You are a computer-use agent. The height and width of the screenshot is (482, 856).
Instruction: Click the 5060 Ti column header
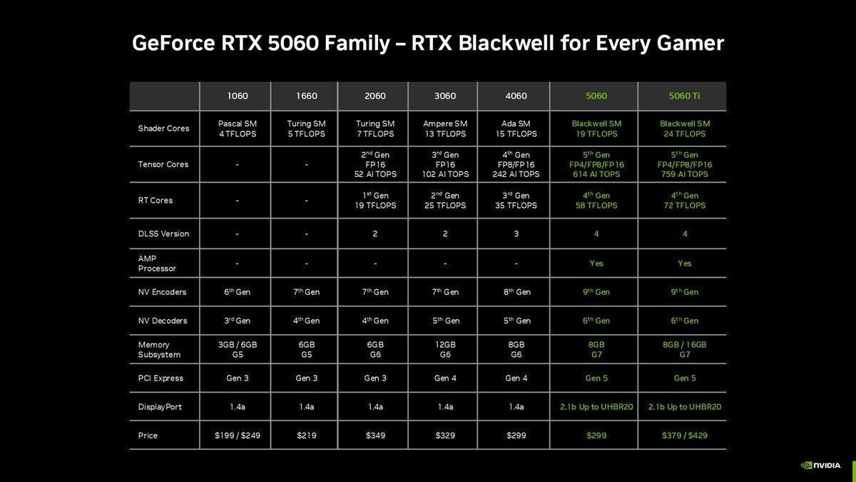coord(684,96)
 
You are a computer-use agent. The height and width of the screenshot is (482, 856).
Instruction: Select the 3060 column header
coord(445,96)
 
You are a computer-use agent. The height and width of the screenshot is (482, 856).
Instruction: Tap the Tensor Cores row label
coord(163,164)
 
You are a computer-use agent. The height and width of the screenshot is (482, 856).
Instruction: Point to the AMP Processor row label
coord(157,263)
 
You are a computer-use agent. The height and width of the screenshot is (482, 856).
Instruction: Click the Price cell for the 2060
coord(375,436)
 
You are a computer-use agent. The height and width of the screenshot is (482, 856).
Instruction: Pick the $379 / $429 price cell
coord(684,436)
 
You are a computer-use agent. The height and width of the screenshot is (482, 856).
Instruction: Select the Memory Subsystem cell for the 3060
coord(445,350)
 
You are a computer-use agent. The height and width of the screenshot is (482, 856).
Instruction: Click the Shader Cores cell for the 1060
coord(238,129)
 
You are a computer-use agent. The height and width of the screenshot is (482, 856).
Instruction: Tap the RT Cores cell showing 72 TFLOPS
coord(684,201)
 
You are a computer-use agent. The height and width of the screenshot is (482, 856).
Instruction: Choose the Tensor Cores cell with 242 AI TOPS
coord(516,164)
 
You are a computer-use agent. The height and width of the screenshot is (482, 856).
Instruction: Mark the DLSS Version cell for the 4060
coord(516,234)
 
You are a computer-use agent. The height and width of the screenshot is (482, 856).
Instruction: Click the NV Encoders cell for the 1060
coord(238,292)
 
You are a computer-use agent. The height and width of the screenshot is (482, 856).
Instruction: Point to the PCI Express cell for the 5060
coord(596,378)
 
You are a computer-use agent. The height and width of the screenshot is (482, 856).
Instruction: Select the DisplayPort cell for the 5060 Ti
coord(684,407)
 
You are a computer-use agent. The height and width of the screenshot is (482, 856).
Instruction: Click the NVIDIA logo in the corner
coord(820,466)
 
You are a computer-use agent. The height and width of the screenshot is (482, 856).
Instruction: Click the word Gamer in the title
coord(691,44)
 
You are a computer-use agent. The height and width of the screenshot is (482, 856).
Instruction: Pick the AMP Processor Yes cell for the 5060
coord(596,263)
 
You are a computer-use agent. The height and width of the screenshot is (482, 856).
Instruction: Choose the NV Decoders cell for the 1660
coord(307,321)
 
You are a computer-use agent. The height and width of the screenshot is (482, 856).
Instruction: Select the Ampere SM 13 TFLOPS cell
coord(445,129)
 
